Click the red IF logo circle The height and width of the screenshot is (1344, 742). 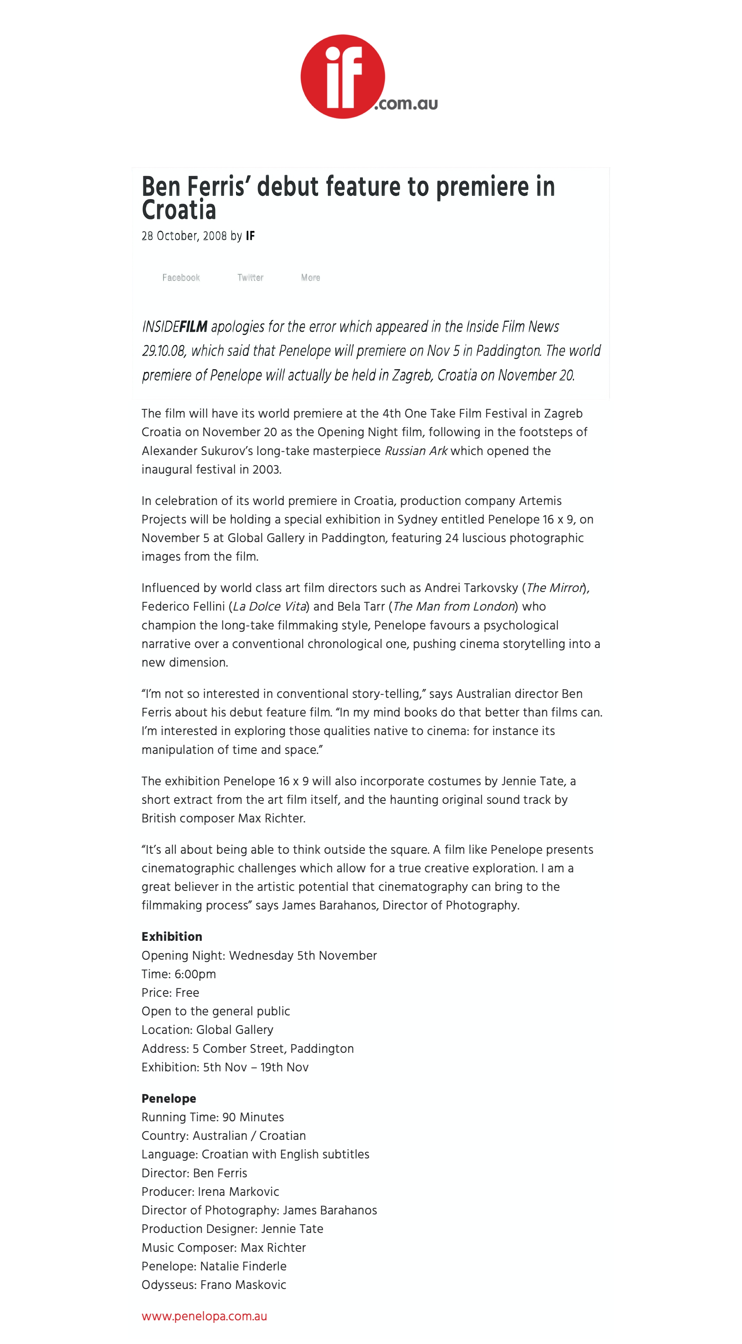point(342,77)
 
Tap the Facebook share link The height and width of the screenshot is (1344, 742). point(181,277)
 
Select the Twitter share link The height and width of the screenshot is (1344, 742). point(251,277)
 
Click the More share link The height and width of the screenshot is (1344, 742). point(310,277)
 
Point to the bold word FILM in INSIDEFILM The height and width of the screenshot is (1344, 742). point(194,327)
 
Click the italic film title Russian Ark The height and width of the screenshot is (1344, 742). point(416,451)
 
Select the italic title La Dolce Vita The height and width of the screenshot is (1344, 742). point(269,606)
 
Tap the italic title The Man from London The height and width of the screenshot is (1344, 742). point(454,606)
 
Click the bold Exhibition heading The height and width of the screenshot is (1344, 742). point(172,937)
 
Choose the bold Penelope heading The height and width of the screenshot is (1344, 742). point(169,1098)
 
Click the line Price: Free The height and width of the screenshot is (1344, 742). point(170,992)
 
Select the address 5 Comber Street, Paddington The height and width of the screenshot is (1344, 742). point(273,1049)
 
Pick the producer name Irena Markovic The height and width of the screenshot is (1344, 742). point(238,1192)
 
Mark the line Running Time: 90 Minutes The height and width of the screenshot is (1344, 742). point(212,1117)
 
